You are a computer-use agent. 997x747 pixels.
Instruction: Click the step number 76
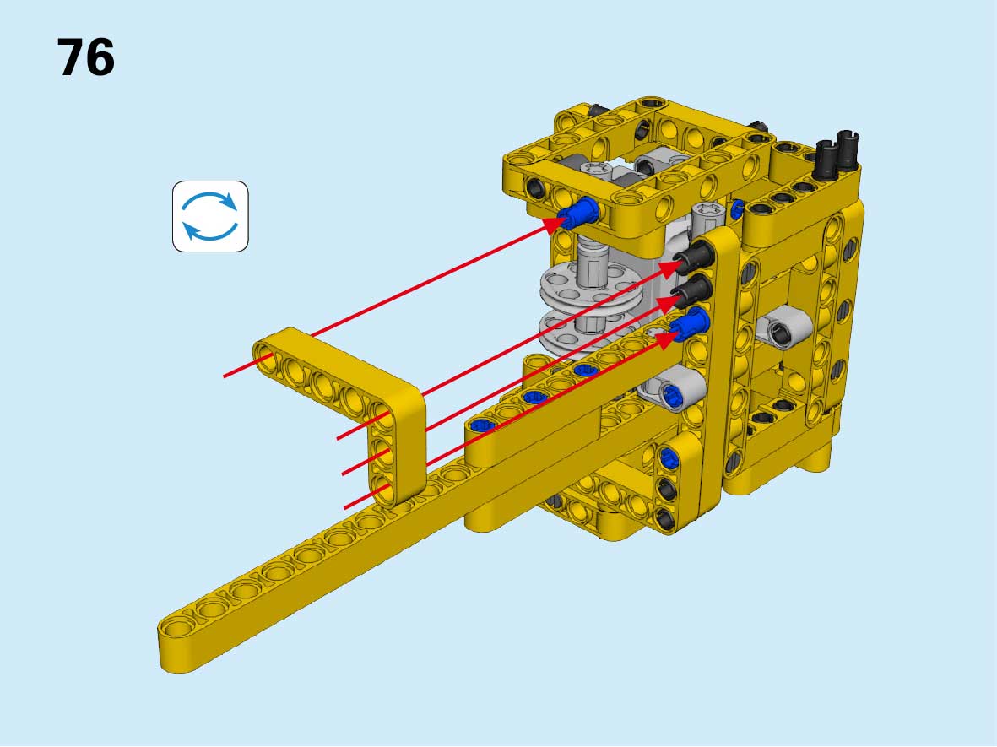(86, 57)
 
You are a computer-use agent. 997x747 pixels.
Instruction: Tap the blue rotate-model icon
(210, 216)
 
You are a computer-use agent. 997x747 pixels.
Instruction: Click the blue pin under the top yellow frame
(581, 212)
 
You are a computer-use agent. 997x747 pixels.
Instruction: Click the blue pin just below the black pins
(691, 323)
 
